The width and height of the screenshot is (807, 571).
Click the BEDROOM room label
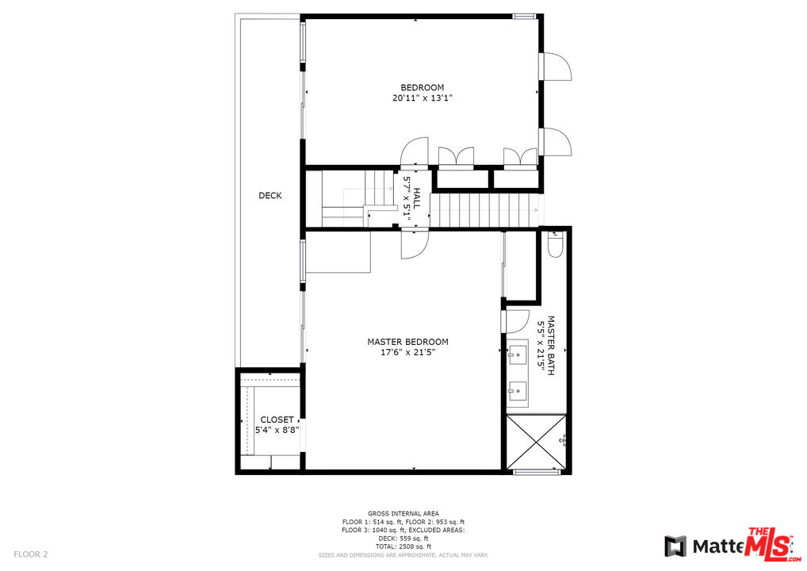pyautogui.click(x=422, y=87)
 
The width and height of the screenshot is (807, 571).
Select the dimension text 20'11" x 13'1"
pyautogui.click(x=422, y=98)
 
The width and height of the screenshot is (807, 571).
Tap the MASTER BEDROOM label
pyautogui.click(x=407, y=342)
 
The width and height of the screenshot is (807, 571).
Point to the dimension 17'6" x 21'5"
pyautogui.click(x=407, y=353)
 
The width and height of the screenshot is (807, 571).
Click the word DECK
pyautogui.click(x=270, y=196)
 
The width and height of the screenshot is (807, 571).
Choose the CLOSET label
pyautogui.click(x=277, y=420)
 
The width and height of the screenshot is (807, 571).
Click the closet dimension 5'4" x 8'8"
pyautogui.click(x=277, y=430)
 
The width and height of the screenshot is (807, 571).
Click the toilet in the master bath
pyautogui.click(x=555, y=248)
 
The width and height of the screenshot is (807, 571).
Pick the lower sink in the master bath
pyautogui.click(x=518, y=389)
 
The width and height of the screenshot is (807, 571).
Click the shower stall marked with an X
pyautogui.click(x=535, y=442)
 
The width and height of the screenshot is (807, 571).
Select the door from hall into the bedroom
pyautogui.click(x=415, y=153)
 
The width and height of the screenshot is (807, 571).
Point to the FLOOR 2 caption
pyautogui.click(x=30, y=554)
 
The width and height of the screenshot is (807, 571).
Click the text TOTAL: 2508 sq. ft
pyautogui.click(x=403, y=546)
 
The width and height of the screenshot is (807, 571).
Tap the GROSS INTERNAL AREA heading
pyautogui.click(x=403, y=514)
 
